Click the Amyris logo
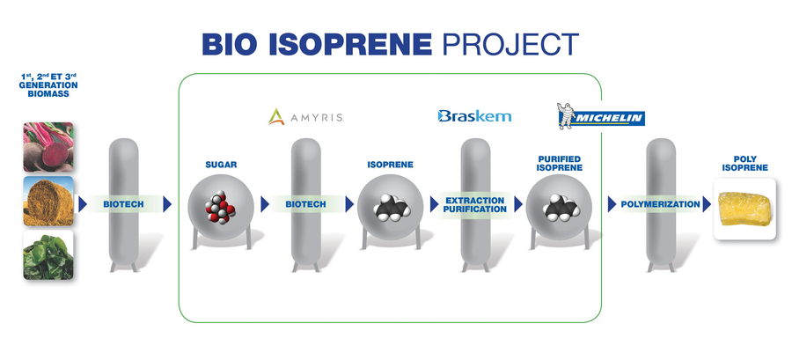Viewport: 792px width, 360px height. (306, 117)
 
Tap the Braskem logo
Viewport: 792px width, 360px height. (474, 116)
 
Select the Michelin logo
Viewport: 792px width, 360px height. (600, 116)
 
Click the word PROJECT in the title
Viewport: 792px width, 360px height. (510, 45)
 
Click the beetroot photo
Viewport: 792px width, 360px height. (48, 147)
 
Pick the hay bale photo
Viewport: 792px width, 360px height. (48, 201)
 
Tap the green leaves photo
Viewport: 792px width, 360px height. (48, 255)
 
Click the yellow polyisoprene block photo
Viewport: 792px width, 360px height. (744, 209)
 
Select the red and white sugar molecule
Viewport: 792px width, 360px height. (220, 208)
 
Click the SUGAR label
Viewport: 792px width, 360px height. (221, 165)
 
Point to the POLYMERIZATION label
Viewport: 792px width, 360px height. (660, 204)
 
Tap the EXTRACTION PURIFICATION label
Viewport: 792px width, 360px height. (475, 204)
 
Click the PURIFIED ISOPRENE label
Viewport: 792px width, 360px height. (560, 163)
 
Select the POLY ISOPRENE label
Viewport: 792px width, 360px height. (745, 163)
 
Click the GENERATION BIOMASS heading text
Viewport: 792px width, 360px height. (48, 90)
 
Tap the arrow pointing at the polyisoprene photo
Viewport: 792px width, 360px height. (707, 204)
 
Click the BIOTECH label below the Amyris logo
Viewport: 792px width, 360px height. (305, 204)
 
